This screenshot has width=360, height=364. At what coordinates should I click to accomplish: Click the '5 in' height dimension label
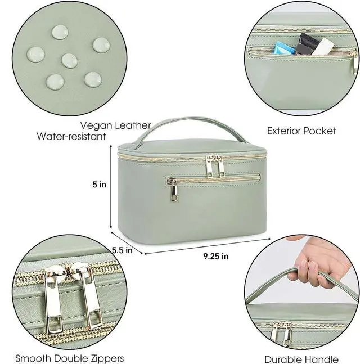[99, 185]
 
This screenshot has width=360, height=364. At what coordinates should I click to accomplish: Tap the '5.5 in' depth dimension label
[122, 250]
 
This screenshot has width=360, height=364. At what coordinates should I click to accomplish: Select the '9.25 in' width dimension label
[216, 256]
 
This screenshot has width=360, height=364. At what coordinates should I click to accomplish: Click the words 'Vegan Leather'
[115, 125]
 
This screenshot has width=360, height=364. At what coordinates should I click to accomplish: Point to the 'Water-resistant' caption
[71, 136]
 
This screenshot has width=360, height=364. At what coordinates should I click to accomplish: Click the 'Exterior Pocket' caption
[301, 131]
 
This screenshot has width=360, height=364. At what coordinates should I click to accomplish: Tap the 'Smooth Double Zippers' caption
[69, 358]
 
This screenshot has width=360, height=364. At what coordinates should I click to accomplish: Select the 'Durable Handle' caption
[301, 359]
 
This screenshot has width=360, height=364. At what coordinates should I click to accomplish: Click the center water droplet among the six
[69, 61]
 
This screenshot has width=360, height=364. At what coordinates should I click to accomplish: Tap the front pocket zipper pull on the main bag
[173, 189]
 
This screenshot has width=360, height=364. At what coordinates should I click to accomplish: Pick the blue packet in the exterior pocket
[284, 48]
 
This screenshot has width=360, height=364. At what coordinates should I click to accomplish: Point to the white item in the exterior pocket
[324, 47]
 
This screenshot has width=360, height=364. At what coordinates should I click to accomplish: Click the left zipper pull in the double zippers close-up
[53, 299]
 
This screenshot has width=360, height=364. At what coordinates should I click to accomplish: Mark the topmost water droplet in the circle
[60, 32]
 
